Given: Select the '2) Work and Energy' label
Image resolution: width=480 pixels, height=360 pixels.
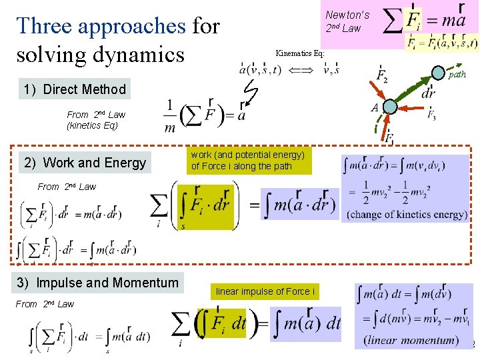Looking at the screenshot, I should [85, 163].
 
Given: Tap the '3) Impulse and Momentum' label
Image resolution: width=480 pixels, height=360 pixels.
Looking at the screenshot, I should [98, 283].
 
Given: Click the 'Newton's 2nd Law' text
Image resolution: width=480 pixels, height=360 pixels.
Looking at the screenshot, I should [347, 21].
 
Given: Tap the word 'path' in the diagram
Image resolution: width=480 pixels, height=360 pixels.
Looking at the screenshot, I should [457, 75].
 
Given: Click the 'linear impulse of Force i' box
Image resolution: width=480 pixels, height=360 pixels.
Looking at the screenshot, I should [264, 291].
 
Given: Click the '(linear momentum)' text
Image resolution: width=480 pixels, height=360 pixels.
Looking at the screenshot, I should [411, 340].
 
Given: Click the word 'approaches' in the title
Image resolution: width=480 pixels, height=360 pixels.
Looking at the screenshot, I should [132, 25].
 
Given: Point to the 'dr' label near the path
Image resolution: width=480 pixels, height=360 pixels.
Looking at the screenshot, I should [428, 94].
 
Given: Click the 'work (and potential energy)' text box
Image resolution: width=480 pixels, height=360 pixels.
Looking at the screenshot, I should [247, 161].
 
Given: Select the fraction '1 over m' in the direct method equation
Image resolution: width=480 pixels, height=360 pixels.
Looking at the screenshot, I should [170, 117].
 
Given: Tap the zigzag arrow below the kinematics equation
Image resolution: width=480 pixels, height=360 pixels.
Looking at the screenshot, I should [251, 93].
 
